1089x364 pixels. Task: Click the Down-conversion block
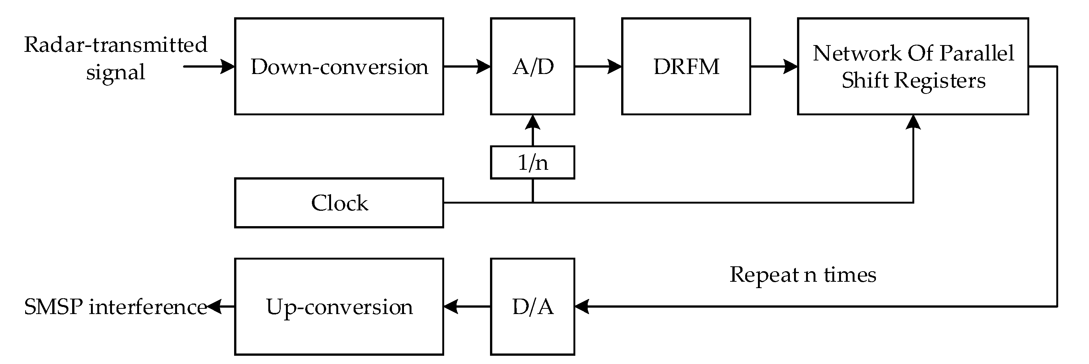click(339, 66)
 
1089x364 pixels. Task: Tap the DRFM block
click(686, 66)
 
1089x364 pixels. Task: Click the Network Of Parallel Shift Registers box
click(913, 66)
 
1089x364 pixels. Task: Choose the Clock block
click(339, 203)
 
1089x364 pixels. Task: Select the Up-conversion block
click(339, 307)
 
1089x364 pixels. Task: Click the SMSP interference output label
click(115, 307)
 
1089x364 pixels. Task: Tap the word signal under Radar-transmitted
click(115, 72)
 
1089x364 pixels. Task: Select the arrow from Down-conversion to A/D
click(467, 66)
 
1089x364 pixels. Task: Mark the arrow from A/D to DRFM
click(598, 66)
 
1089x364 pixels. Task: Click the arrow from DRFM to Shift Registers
click(774, 66)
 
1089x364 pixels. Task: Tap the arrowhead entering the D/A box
click(582, 307)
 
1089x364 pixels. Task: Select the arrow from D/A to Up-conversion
click(467, 307)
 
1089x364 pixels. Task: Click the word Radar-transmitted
click(115, 45)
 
